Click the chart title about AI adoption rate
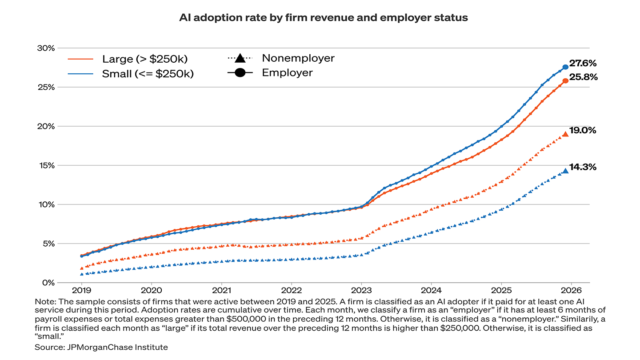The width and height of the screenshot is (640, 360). pos(323,18)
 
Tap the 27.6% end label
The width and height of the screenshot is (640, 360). pos(583,63)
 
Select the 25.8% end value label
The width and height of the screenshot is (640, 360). pos(583,77)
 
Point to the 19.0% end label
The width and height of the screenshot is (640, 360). pos(583,131)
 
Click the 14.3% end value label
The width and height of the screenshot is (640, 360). pos(583,167)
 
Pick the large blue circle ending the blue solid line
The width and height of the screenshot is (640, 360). pos(565,67)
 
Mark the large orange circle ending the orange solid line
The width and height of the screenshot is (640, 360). pos(565,81)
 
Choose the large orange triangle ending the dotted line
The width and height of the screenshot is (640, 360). pos(565,134)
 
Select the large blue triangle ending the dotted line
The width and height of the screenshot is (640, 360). pos(565,171)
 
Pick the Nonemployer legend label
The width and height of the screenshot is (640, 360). pos(298,58)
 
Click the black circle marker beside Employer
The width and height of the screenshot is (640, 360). pos(240,72)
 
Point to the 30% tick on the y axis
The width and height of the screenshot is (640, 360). pos(46,48)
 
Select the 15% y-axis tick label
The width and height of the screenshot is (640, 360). pos(46,165)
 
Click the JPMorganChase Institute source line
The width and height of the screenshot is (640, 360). pos(101,347)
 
